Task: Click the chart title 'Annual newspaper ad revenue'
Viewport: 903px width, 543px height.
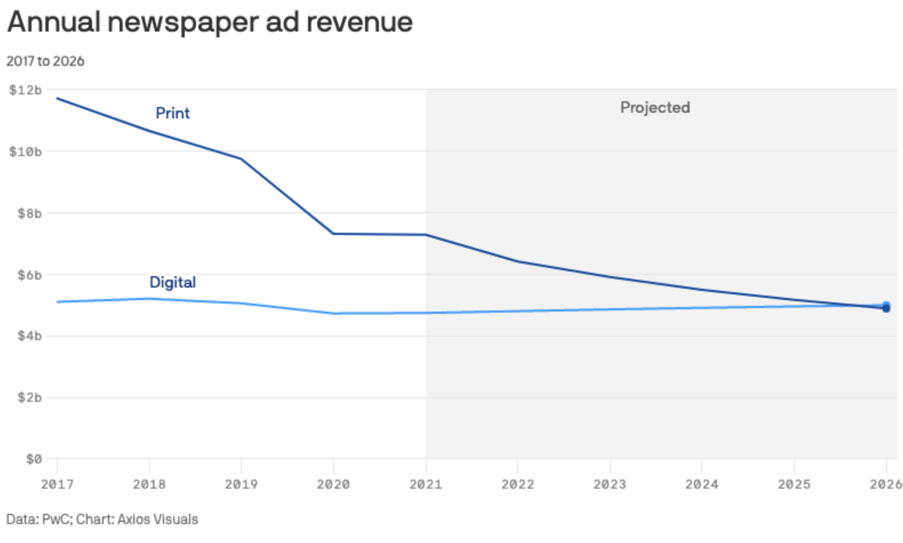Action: click(210, 22)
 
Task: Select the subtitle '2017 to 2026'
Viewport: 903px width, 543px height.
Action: click(45, 61)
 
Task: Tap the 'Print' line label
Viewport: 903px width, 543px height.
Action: click(173, 113)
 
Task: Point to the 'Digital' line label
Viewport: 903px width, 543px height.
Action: click(172, 282)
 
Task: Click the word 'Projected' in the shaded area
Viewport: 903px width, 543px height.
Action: click(655, 108)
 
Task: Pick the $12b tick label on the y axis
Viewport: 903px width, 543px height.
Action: click(26, 90)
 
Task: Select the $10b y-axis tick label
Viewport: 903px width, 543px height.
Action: click(26, 151)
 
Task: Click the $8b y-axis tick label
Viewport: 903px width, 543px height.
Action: click(30, 213)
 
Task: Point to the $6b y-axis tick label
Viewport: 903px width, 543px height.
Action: click(30, 275)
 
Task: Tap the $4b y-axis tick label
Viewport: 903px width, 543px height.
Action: click(30, 336)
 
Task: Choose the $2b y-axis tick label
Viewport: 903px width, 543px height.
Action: click(30, 397)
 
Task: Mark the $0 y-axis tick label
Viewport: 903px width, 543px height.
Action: click(34, 459)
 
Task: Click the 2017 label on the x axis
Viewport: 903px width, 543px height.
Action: click(57, 484)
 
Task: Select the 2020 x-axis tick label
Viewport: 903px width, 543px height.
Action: click(333, 484)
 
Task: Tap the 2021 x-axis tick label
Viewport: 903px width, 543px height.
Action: click(426, 484)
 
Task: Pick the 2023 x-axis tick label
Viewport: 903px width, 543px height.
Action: click(610, 484)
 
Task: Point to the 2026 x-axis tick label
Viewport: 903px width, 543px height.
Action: click(886, 484)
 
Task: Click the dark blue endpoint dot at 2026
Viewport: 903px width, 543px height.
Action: click(886, 308)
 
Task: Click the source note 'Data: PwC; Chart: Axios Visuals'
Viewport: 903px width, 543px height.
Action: click(102, 519)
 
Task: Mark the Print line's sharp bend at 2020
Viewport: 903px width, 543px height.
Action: click(333, 233)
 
